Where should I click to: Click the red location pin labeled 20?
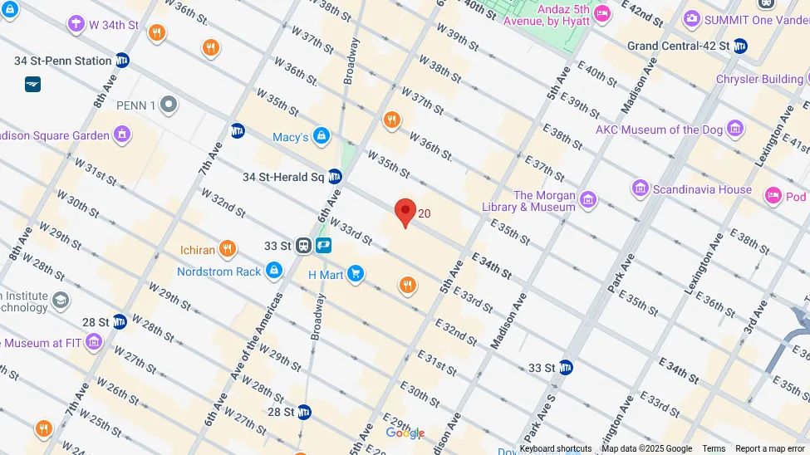[405, 212]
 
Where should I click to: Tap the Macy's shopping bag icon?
[322, 136]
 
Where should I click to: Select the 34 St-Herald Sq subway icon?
[335, 177]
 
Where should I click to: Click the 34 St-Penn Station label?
[62, 61]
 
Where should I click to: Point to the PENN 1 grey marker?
[169, 105]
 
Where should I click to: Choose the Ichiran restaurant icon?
[227, 249]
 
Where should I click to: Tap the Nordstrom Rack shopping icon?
[274, 272]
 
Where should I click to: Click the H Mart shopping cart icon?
[356, 274]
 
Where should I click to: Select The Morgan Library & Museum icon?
[588, 200]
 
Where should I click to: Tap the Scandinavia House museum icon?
[640, 189]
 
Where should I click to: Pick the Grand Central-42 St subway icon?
[740, 46]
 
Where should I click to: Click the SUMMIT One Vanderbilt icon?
[691, 18]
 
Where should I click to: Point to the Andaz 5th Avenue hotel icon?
[602, 14]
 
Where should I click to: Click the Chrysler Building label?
[759, 80]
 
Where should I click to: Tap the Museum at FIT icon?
[93, 342]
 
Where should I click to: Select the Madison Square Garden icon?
[122, 135]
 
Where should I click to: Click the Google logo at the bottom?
[405, 433]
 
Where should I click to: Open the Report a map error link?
[769, 449]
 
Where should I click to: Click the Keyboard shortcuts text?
[556, 449]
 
